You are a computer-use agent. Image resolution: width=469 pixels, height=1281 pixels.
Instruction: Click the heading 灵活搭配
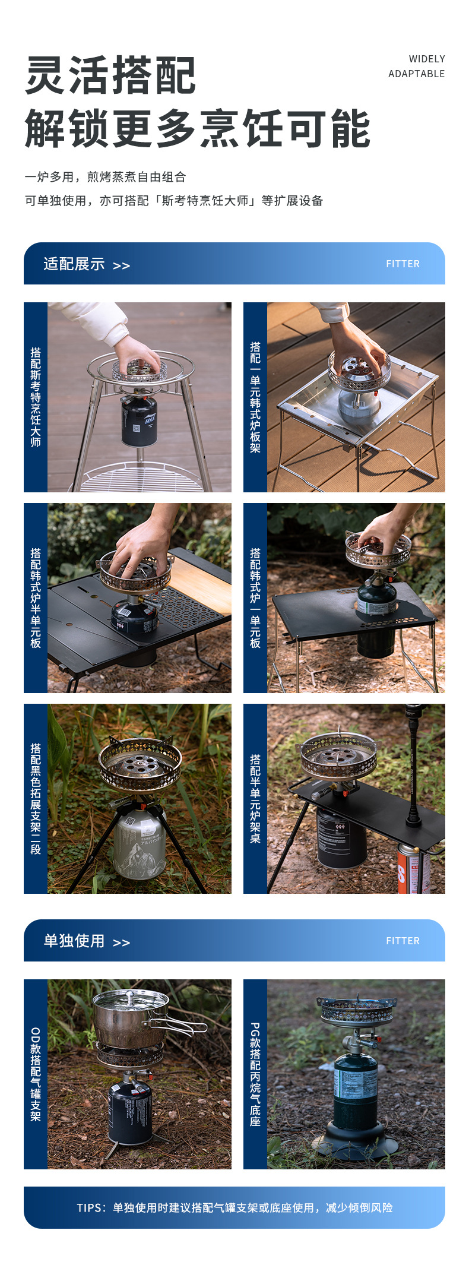point(110,75)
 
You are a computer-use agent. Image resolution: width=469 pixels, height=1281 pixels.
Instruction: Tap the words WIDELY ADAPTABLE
point(417,67)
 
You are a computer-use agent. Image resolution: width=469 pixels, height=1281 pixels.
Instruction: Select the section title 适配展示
point(74,264)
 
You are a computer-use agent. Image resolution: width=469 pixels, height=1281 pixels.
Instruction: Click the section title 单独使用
point(74,941)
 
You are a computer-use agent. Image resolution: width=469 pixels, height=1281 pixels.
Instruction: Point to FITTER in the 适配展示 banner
point(403,264)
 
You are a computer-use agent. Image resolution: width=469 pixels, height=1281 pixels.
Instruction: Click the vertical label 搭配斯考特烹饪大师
point(36,397)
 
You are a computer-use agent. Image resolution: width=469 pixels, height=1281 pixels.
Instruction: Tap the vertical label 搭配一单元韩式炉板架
point(255,397)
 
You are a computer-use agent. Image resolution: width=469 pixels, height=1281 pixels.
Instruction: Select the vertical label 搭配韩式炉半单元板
point(36,598)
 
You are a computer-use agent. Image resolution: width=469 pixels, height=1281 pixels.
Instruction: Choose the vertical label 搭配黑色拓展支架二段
point(36,799)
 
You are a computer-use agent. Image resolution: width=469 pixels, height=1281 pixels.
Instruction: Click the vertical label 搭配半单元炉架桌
point(255,799)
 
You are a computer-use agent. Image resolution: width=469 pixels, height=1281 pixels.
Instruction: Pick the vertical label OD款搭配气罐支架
point(36,1074)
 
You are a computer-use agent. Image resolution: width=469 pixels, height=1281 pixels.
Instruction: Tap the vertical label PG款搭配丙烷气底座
point(255,1074)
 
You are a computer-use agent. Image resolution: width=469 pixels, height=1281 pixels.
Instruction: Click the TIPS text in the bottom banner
point(235,1207)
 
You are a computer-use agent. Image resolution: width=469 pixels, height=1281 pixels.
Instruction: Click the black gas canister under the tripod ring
point(140,421)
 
